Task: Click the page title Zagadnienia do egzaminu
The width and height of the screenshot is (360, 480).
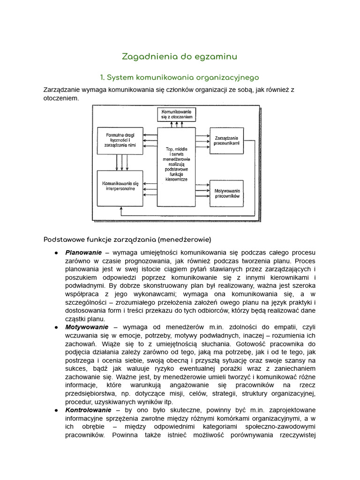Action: click(180, 57)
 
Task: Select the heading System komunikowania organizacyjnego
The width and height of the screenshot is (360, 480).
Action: click(180, 77)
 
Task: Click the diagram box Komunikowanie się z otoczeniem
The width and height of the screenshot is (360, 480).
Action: click(177, 114)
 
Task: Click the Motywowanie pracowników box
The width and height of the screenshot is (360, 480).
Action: click(227, 194)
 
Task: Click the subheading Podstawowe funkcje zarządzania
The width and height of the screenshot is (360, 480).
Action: click(127, 240)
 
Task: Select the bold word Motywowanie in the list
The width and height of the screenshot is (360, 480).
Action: click(87, 327)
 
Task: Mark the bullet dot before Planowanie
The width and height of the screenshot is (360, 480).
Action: click(56, 253)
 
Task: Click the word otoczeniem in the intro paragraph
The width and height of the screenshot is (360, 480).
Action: click(61, 98)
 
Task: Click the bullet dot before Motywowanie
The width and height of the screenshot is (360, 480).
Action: click(56, 327)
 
